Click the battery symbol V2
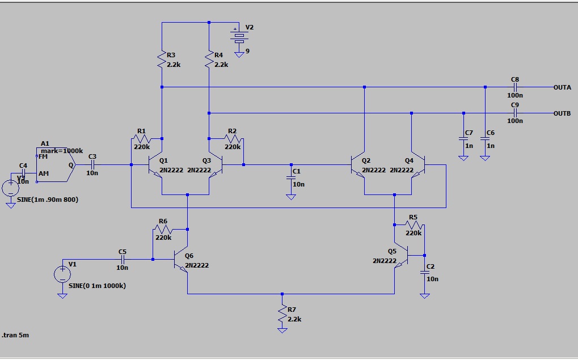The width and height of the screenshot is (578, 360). point(239,37)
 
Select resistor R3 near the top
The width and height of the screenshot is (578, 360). point(162,59)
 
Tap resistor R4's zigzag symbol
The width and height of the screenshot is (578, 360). point(209,59)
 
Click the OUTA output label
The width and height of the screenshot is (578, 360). point(562,87)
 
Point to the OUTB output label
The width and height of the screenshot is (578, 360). point(562,113)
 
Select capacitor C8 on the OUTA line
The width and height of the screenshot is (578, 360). point(515,87)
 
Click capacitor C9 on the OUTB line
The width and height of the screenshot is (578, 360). point(515,113)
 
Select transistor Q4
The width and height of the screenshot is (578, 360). point(417,165)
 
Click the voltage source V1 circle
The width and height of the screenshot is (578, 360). point(61,275)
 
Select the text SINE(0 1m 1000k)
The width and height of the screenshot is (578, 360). point(97,286)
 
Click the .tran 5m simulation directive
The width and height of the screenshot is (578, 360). point(15,335)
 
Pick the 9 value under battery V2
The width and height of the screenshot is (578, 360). point(247,51)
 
